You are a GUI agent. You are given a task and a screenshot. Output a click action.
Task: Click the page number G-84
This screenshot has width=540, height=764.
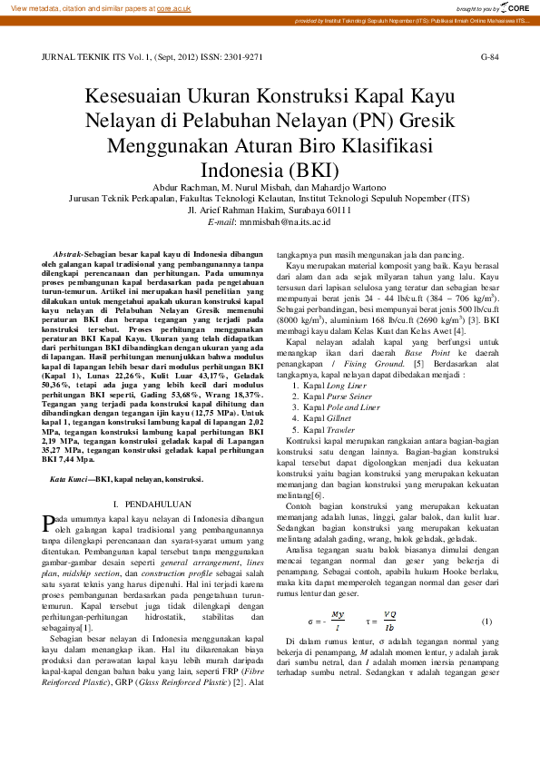coord(489,57)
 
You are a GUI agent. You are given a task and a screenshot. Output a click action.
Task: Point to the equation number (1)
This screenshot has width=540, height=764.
coord(486,622)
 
